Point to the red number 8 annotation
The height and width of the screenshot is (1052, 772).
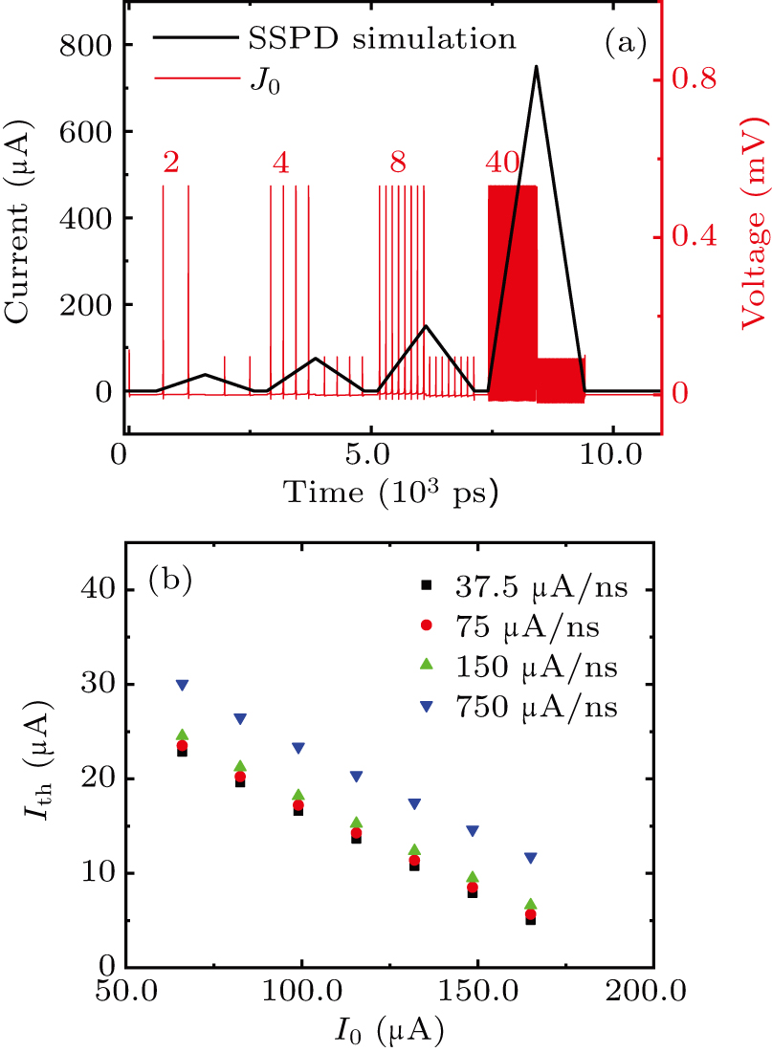(398, 164)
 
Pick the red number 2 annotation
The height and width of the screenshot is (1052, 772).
(170, 164)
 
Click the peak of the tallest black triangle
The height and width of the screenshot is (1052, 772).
(536, 67)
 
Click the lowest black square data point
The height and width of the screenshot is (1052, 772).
(531, 920)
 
